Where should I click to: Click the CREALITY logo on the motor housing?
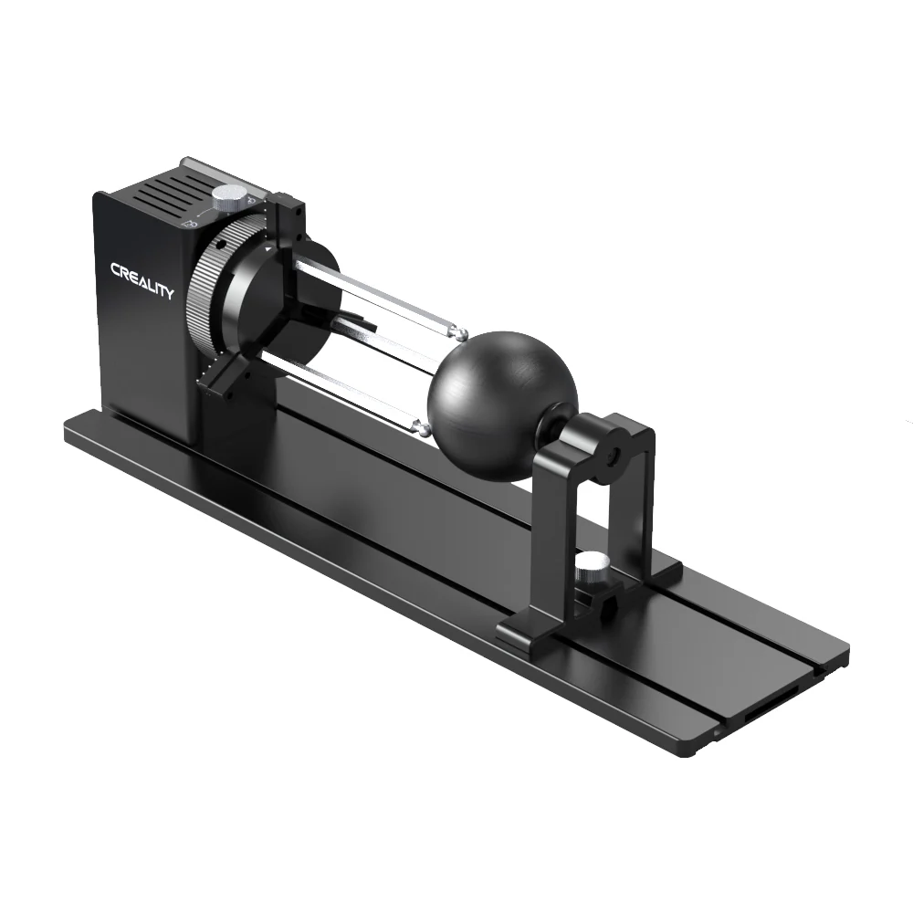click(142, 280)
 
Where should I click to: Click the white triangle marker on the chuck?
click(266, 247)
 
